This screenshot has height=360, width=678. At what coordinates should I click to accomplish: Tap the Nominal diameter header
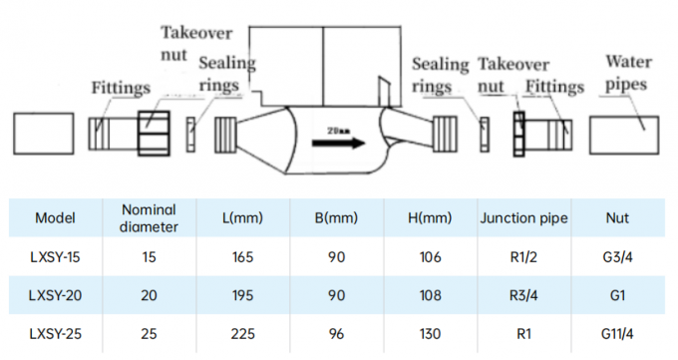149,217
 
